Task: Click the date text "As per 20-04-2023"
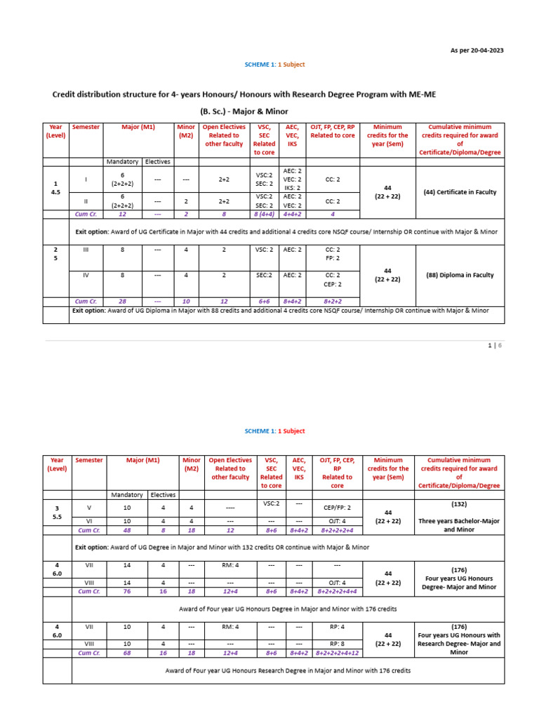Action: (x=477, y=50)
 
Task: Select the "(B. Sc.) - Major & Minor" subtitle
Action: (x=244, y=111)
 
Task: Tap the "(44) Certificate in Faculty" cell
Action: (x=460, y=192)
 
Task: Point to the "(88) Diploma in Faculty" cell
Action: (x=460, y=275)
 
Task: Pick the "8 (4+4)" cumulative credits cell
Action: (x=264, y=214)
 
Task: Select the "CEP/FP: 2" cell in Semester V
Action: (x=337, y=506)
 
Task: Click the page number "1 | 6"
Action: (x=496, y=346)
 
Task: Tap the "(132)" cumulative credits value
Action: (x=460, y=503)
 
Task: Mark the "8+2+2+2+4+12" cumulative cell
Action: (x=337, y=652)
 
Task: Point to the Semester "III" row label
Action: (x=86, y=249)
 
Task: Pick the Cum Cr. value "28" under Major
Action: (x=122, y=301)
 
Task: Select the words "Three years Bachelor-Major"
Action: (x=460, y=521)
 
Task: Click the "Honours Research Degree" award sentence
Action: (x=288, y=670)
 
